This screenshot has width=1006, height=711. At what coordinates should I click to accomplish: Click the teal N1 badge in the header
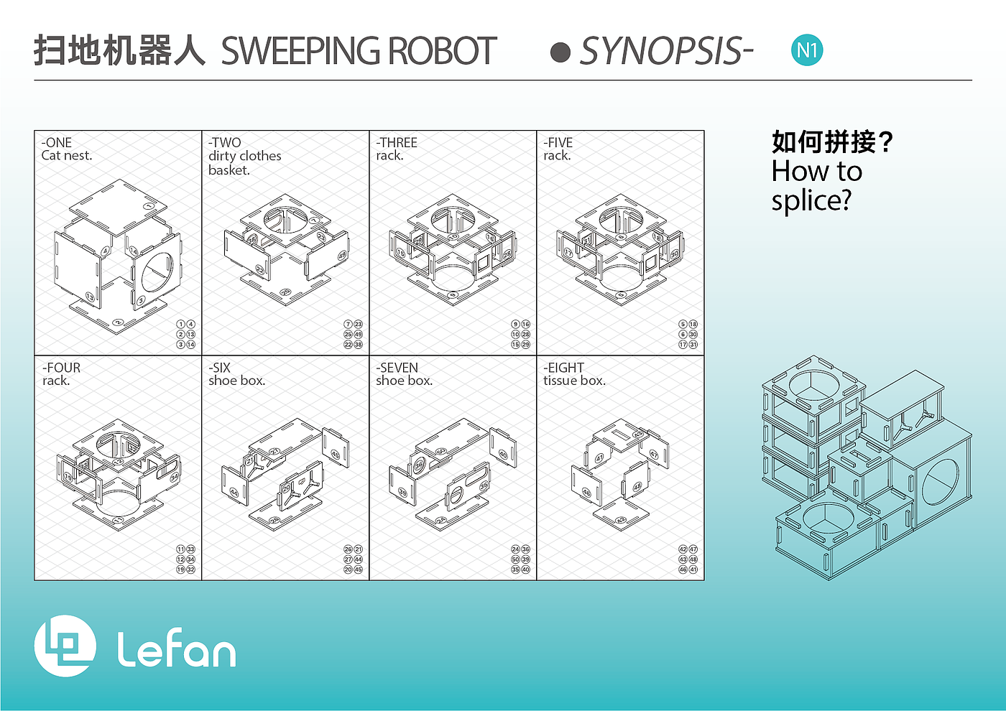click(x=807, y=50)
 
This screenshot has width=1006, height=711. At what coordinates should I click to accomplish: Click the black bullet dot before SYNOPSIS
click(x=560, y=52)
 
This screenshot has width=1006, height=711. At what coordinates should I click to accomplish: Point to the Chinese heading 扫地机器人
click(x=119, y=51)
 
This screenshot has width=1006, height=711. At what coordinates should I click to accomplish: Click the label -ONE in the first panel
click(x=57, y=142)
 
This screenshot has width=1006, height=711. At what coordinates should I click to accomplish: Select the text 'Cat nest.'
click(x=67, y=155)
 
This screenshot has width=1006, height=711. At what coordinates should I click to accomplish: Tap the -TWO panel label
click(x=225, y=142)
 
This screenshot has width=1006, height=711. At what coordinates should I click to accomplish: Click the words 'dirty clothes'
click(x=245, y=156)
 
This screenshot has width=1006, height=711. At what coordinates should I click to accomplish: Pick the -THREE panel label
click(x=397, y=142)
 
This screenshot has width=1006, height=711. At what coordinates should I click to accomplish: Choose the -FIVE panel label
click(x=558, y=142)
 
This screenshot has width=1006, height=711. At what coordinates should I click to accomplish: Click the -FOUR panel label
click(x=61, y=368)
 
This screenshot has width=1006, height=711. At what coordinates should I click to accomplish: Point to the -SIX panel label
click(x=220, y=368)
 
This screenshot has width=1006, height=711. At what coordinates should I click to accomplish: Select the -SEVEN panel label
click(x=397, y=368)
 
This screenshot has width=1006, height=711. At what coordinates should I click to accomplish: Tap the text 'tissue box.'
click(x=575, y=381)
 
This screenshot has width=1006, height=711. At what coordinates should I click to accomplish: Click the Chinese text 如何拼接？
click(x=832, y=141)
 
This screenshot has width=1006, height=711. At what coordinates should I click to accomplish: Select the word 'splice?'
click(x=811, y=200)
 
